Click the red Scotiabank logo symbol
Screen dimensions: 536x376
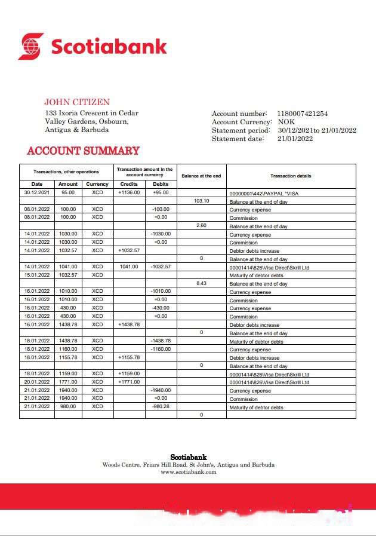pos(31,46)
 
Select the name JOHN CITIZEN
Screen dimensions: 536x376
pos(76,102)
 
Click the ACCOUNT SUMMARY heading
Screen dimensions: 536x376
pos(83,151)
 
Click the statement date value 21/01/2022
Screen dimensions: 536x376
pos(295,139)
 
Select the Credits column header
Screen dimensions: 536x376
pos(129,184)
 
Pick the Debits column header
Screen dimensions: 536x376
pos(161,184)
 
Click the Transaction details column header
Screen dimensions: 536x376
pos(291,176)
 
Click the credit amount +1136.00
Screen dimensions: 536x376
pos(129,193)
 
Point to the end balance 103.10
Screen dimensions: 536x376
pos(201,201)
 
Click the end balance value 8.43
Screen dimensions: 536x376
pos(201,283)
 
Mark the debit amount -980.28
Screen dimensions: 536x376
pos(161,406)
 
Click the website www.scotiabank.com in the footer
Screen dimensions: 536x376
pos(188,472)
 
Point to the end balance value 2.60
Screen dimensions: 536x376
pos(201,226)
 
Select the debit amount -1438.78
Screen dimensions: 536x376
pos(161,341)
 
